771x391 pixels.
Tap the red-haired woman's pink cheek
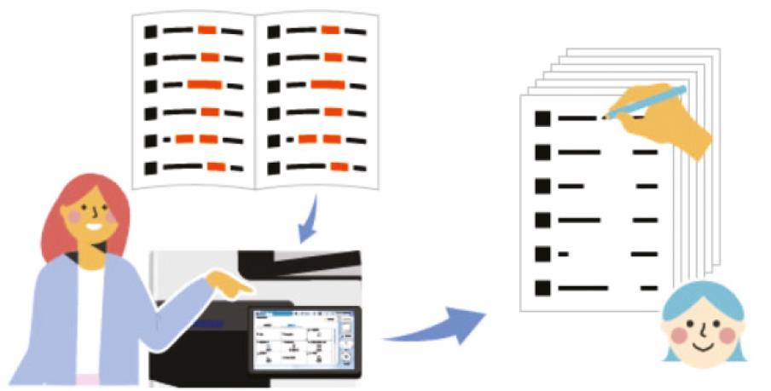click(75, 219)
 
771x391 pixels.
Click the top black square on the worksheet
click(542, 118)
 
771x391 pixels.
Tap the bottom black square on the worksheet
click(542, 288)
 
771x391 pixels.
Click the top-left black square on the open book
click(151, 32)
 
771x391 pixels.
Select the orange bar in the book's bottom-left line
click(216, 166)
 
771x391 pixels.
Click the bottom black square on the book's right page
click(273, 167)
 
